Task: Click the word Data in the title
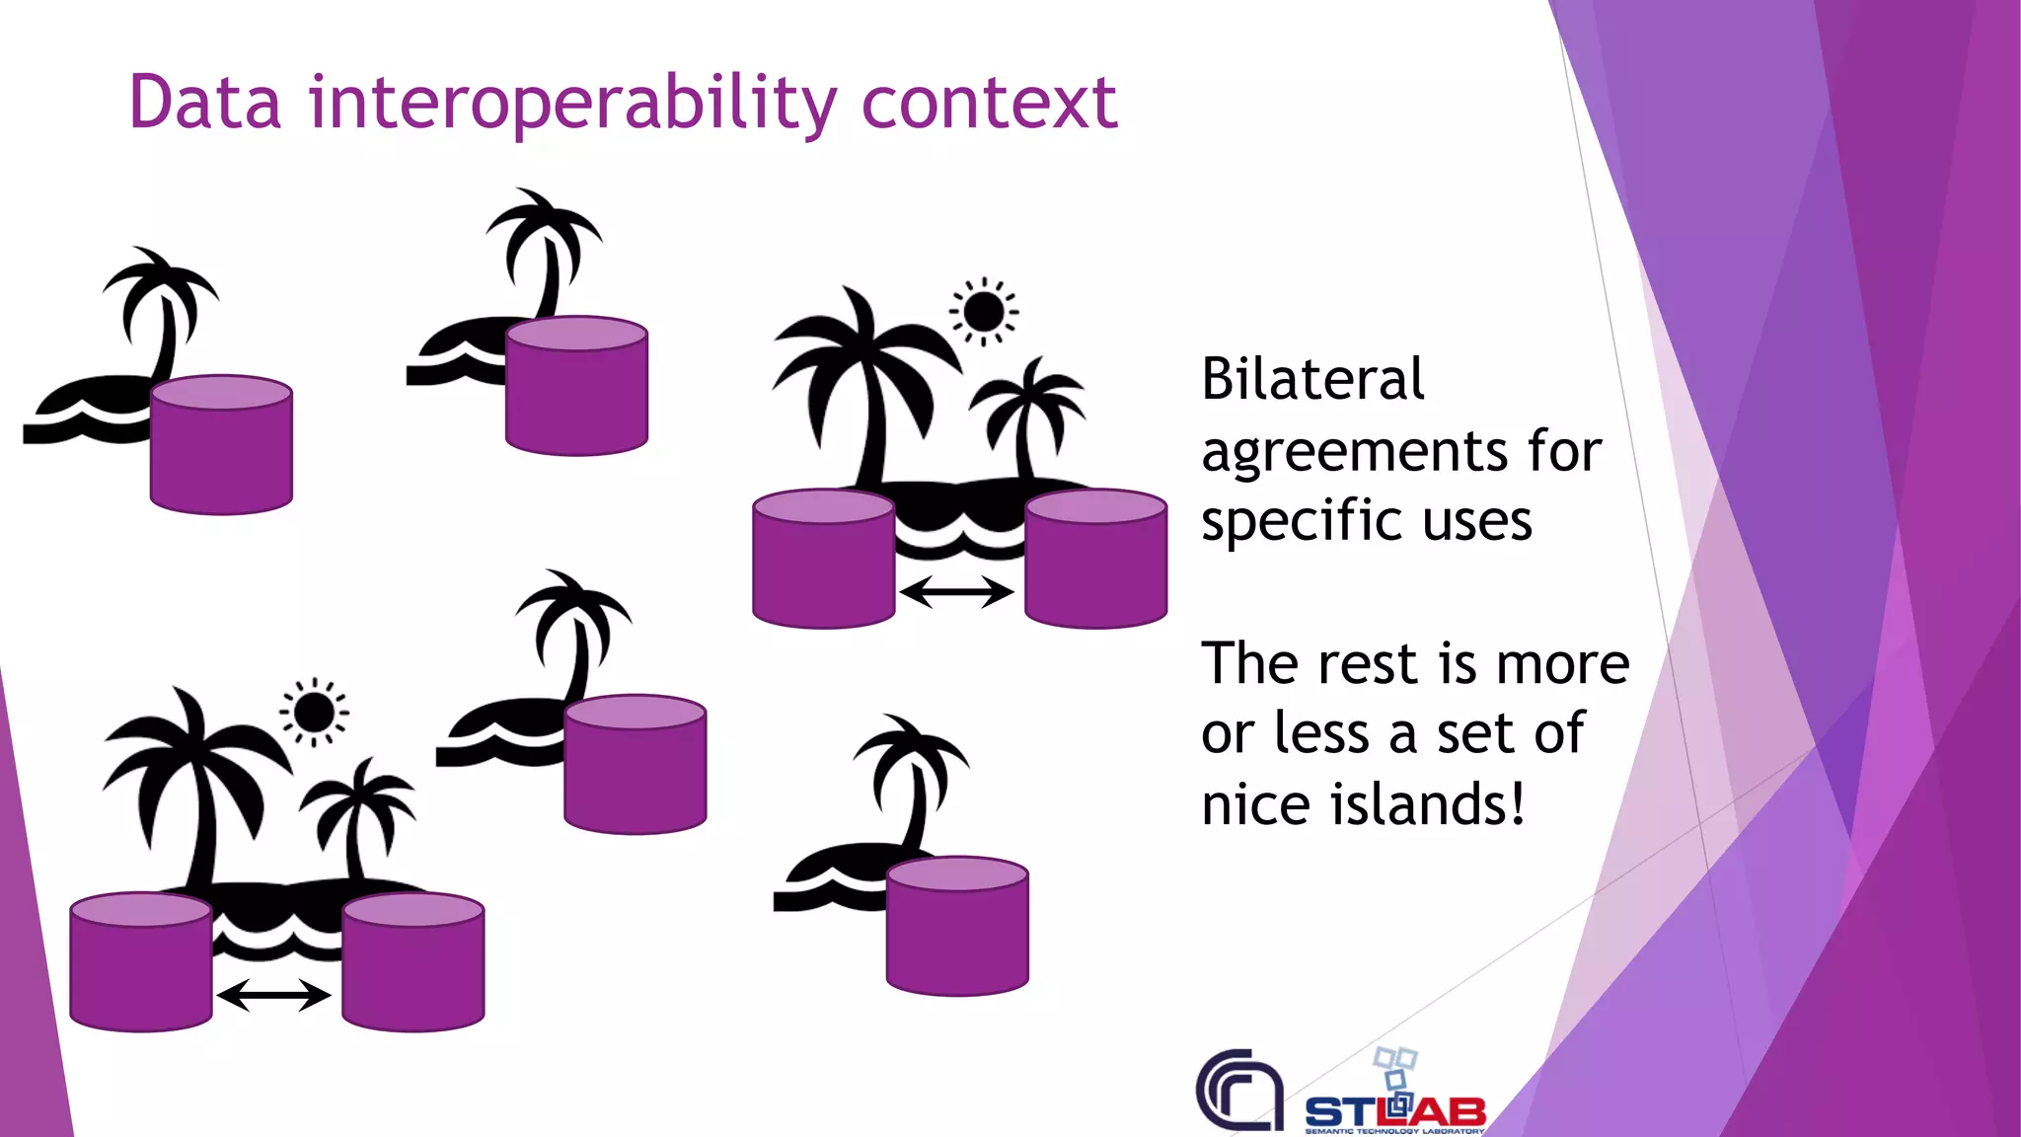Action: click(x=205, y=102)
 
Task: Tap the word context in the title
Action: click(x=989, y=104)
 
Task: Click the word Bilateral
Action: click(x=1312, y=379)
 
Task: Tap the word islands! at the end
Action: click(x=1428, y=803)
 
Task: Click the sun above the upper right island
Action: click(x=983, y=312)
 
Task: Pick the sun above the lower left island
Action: click(x=314, y=712)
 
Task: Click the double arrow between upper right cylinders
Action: click(x=956, y=592)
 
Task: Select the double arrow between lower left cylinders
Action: click(x=273, y=995)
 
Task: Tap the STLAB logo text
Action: click(x=1395, y=1111)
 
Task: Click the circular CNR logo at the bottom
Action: click(x=1240, y=1090)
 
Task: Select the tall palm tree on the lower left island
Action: click(x=197, y=780)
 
